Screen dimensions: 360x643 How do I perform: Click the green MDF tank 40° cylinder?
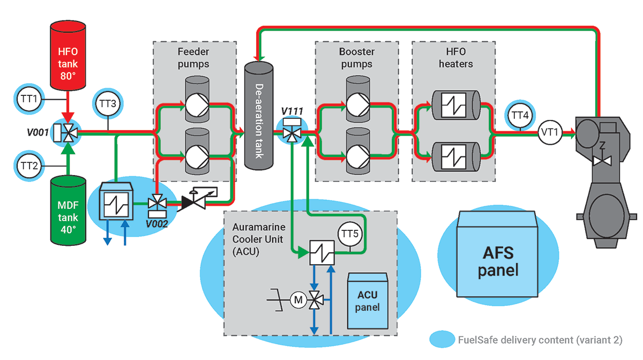(x=69, y=213)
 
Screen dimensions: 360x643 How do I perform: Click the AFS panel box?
(x=498, y=254)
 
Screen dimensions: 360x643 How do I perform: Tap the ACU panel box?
(x=368, y=301)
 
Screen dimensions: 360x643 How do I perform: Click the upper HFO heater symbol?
(x=454, y=107)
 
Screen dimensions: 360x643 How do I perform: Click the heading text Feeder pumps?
(x=194, y=58)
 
